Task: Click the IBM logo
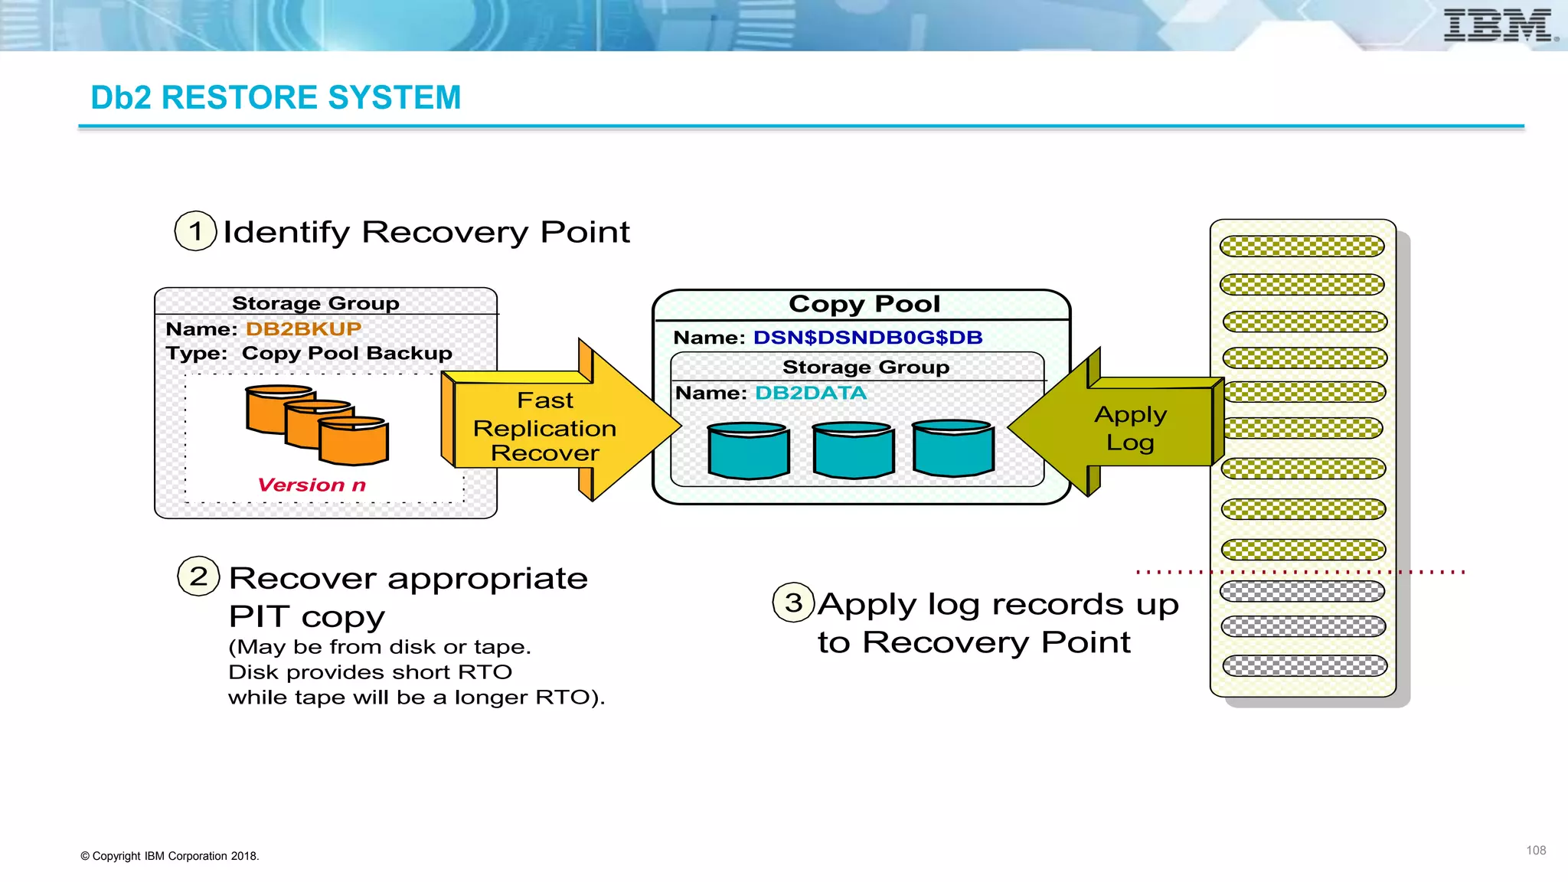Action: pos(1498,25)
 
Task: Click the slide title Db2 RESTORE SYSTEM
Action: pos(276,98)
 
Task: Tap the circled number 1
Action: pos(196,231)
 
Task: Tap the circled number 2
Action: pos(198,577)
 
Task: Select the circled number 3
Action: pos(793,603)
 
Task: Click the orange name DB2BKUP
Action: pos(303,329)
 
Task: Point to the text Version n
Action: pos(312,485)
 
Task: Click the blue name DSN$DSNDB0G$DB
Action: pos(867,338)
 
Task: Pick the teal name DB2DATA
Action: pos(810,394)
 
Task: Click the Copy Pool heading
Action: pos(864,304)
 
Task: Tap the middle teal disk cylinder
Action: pos(852,450)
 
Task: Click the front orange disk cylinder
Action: pos(353,442)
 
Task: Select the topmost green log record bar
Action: pos(1302,247)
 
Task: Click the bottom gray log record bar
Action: pos(1304,666)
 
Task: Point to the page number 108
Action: pos(1535,851)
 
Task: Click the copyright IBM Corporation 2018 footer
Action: pos(170,856)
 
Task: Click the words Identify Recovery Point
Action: pos(426,232)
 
